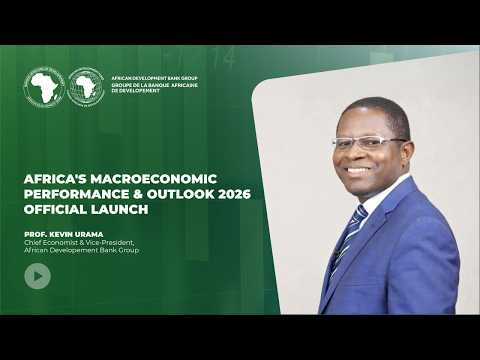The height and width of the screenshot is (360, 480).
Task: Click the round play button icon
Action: click(37, 277)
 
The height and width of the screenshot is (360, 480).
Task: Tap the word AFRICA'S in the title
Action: click(56, 178)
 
